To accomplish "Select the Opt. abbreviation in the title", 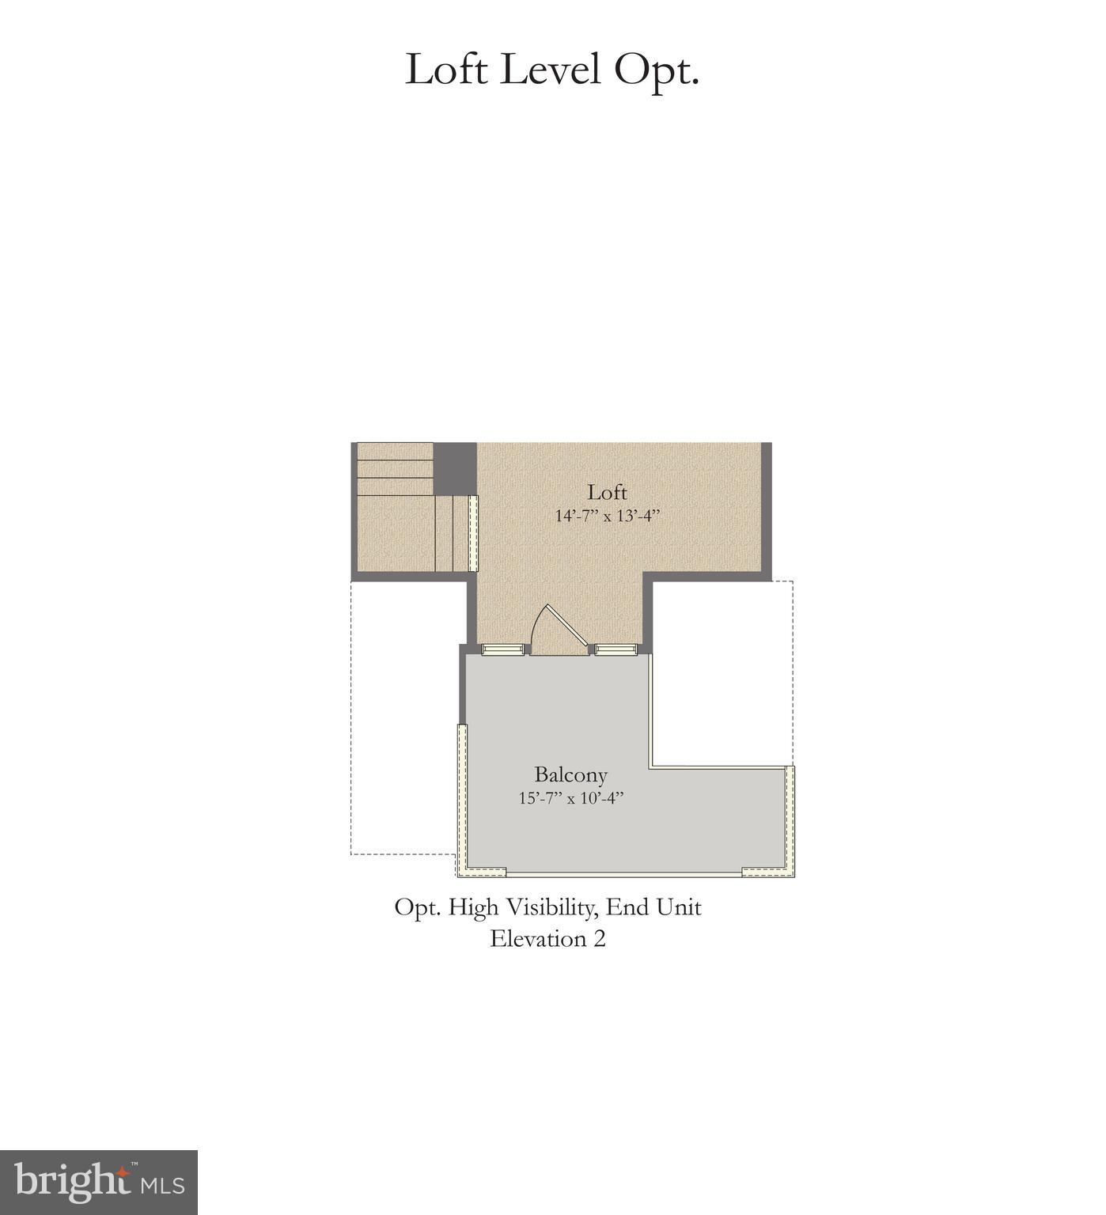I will (x=657, y=71).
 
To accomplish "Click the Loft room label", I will (x=607, y=492).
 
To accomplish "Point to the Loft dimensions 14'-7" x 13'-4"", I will (x=607, y=516).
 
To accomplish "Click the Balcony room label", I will (x=570, y=774).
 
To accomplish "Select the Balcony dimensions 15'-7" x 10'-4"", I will (x=571, y=798).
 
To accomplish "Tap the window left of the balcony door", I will (x=504, y=649).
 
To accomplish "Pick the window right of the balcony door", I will (x=616, y=649).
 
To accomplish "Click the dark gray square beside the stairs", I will (x=455, y=468).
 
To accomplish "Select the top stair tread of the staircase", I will (x=395, y=452).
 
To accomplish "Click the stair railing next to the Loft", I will (x=472, y=533).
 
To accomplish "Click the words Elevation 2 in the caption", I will (x=547, y=939).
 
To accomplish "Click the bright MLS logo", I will (x=99, y=1182).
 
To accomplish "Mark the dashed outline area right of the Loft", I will (x=722, y=672).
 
